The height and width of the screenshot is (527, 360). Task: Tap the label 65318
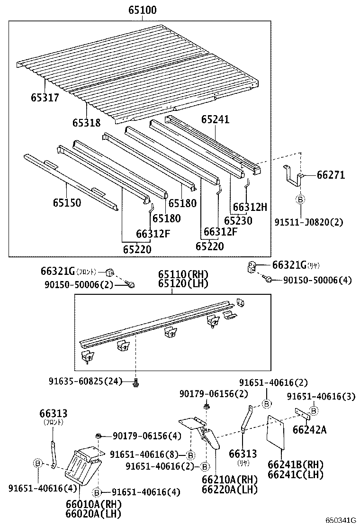(x=86, y=123)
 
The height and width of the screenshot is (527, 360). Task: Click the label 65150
(x=66, y=203)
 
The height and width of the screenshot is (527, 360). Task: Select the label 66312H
(x=250, y=207)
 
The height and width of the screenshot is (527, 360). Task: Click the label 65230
(x=238, y=220)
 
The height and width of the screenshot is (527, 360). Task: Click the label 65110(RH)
(x=183, y=275)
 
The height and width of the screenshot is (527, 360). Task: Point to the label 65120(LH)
(x=183, y=284)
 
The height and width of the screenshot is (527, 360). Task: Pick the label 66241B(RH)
(x=296, y=464)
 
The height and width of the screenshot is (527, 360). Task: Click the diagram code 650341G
(x=340, y=520)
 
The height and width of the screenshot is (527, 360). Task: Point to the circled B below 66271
(x=300, y=200)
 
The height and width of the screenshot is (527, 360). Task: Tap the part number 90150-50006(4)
(x=317, y=280)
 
